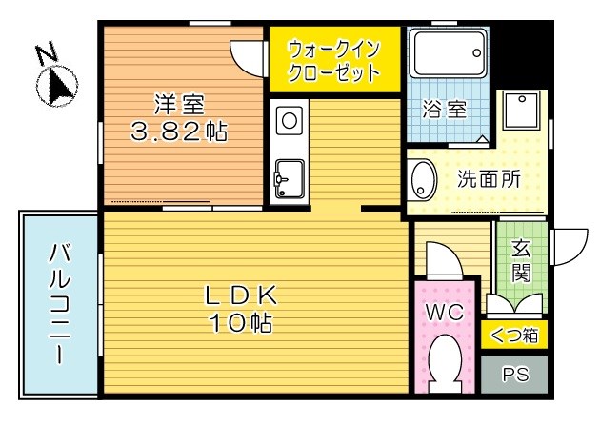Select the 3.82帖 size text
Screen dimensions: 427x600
[x=179, y=132]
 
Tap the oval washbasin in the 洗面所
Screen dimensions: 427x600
[x=420, y=179]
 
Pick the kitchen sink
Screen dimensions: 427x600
[x=289, y=178]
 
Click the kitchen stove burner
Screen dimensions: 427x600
[x=289, y=120]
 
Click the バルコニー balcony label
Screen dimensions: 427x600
[x=59, y=304]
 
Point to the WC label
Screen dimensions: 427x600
[x=445, y=312]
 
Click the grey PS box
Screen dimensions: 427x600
[x=514, y=374]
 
